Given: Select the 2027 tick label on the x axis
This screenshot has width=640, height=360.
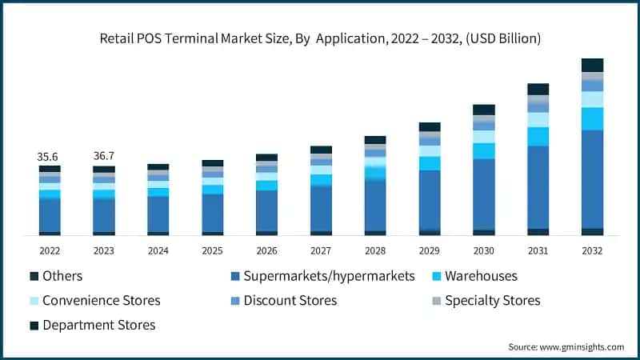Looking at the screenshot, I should (x=322, y=250).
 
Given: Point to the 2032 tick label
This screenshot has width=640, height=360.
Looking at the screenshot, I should (x=593, y=250).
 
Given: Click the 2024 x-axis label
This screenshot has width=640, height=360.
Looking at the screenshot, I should (x=158, y=250).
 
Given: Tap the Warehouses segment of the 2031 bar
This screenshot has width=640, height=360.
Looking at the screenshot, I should (x=538, y=136).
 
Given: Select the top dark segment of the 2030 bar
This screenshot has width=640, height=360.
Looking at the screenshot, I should (x=484, y=110).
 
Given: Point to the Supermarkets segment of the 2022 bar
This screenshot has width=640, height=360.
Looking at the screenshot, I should (x=50, y=214).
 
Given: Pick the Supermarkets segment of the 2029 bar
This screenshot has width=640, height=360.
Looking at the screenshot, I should (x=430, y=200).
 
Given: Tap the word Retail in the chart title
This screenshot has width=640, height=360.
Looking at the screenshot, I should (x=117, y=38).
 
